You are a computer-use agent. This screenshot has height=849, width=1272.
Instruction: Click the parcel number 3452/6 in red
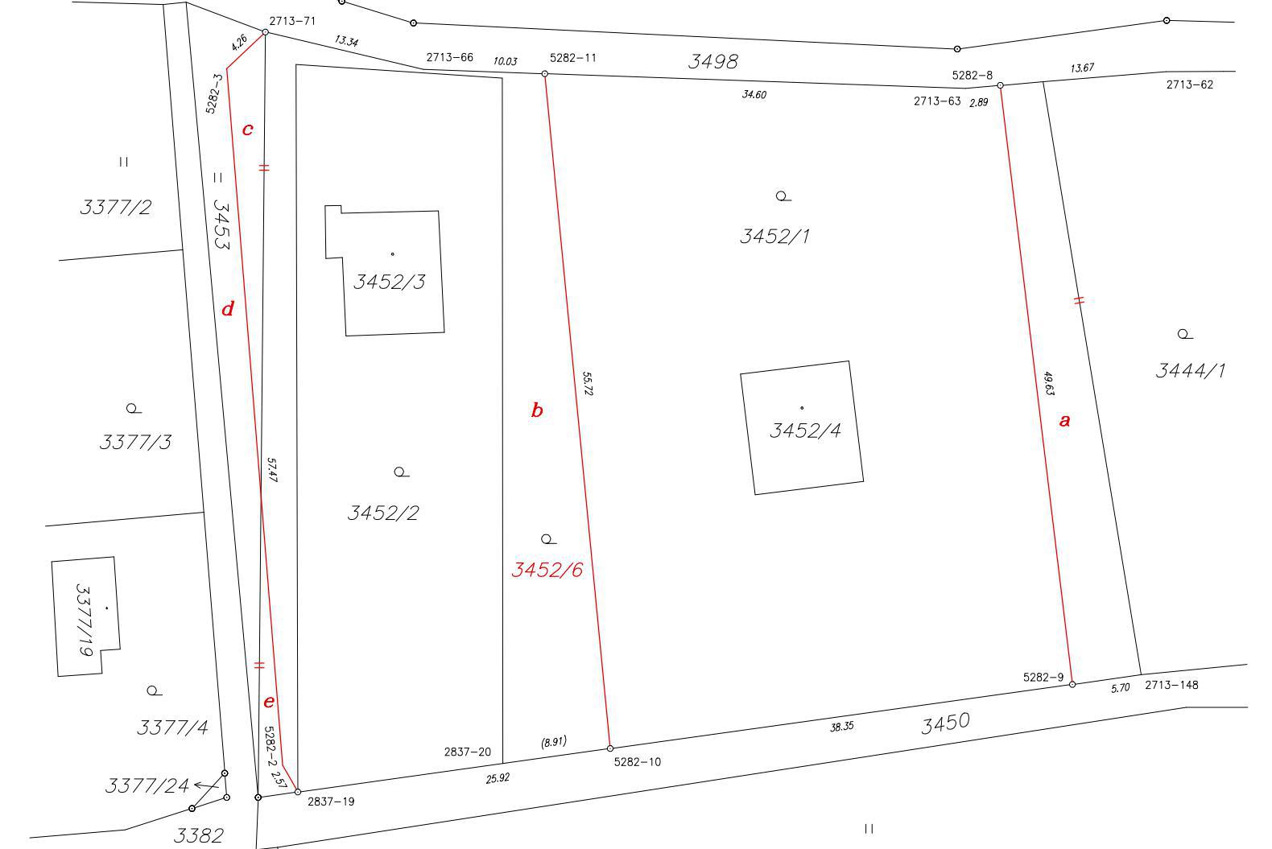coord(547,570)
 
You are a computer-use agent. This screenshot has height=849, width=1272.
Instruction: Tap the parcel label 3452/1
coord(774,236)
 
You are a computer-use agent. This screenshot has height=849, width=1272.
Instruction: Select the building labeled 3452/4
coord(802,427)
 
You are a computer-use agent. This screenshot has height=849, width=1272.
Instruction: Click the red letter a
coord(1065,420)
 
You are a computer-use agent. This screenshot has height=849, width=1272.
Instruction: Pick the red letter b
coord(537,410)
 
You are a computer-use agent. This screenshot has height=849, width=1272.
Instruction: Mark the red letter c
coord(247,129)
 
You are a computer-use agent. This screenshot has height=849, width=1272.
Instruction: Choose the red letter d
coord(228,309)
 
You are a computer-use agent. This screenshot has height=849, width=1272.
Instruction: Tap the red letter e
coord(269,702)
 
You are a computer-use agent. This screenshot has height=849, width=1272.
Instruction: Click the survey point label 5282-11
coord(573,58)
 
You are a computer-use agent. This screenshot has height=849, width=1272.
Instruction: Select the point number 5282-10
coord(637,762)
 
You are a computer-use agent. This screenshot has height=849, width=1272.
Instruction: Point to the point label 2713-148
coord(1171,685)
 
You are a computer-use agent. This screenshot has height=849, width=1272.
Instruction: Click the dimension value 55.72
coord(588,384)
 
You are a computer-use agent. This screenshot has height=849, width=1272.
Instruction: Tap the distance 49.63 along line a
coord(1049,384)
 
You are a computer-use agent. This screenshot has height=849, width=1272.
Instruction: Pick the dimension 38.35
coord(841,727)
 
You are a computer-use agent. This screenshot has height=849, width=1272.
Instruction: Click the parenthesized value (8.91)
coord(553,742)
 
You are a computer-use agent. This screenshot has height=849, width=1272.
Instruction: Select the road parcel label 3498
coord(713,61)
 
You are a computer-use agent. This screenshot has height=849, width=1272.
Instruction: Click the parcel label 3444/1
coord(1191,371)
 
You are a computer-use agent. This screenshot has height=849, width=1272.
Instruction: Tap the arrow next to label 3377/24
coord(207,785)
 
